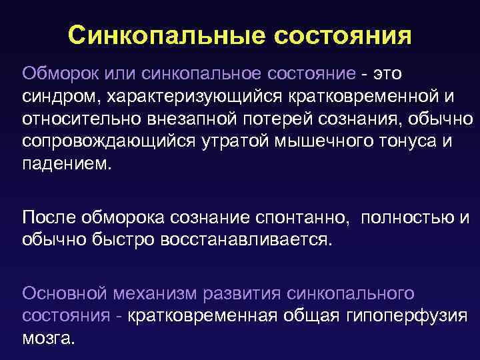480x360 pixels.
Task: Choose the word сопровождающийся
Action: [107, 142]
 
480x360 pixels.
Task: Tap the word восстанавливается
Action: [245, 240]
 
